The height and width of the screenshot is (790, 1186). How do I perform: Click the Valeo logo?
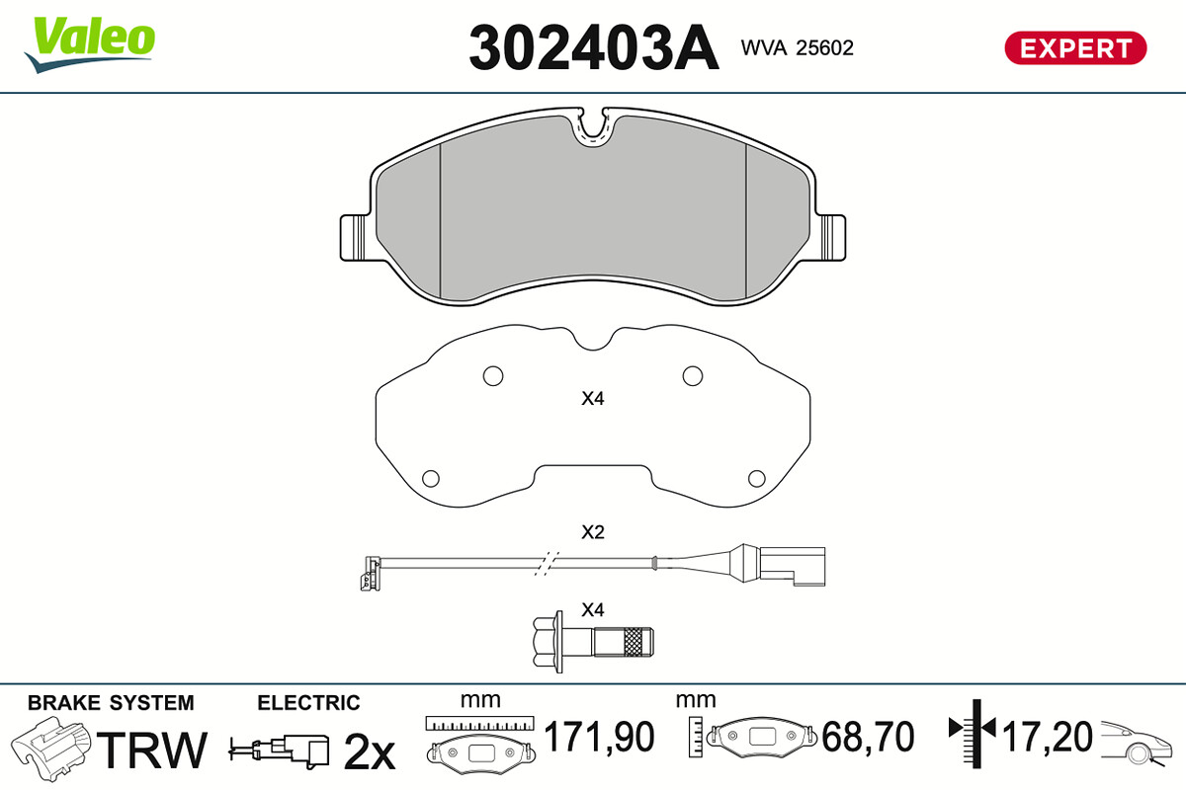click(90, 44)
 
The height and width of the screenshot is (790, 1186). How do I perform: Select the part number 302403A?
click(594, 48)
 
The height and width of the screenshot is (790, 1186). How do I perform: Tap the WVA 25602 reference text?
click(797, 48)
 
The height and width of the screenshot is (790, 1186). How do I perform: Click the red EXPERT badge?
click(1075, 48)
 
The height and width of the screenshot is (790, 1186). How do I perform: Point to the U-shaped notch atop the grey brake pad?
click(594, 127)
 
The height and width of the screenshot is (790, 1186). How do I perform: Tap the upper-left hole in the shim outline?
click(493, 376)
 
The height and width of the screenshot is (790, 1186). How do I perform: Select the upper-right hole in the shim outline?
click(693, 376)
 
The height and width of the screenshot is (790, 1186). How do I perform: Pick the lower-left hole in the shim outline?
click(431, 478)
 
